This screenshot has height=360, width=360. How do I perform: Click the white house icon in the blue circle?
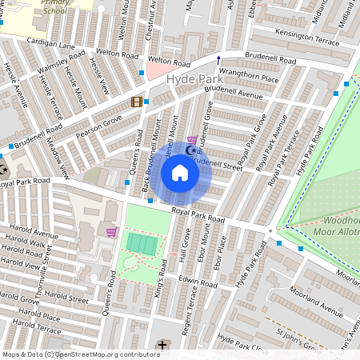[x=180, y=173]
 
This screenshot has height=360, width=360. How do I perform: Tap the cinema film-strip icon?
[x=137, y=102]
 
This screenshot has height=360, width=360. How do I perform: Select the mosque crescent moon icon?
[x=190, y=150]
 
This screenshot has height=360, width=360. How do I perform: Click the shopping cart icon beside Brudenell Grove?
[x=191, y=139]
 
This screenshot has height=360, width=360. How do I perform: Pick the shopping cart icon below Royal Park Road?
[x=111, y=232]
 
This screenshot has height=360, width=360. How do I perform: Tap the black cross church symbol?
[x=163, y=345]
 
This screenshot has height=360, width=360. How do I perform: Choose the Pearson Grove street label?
[x=99, y=124]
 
